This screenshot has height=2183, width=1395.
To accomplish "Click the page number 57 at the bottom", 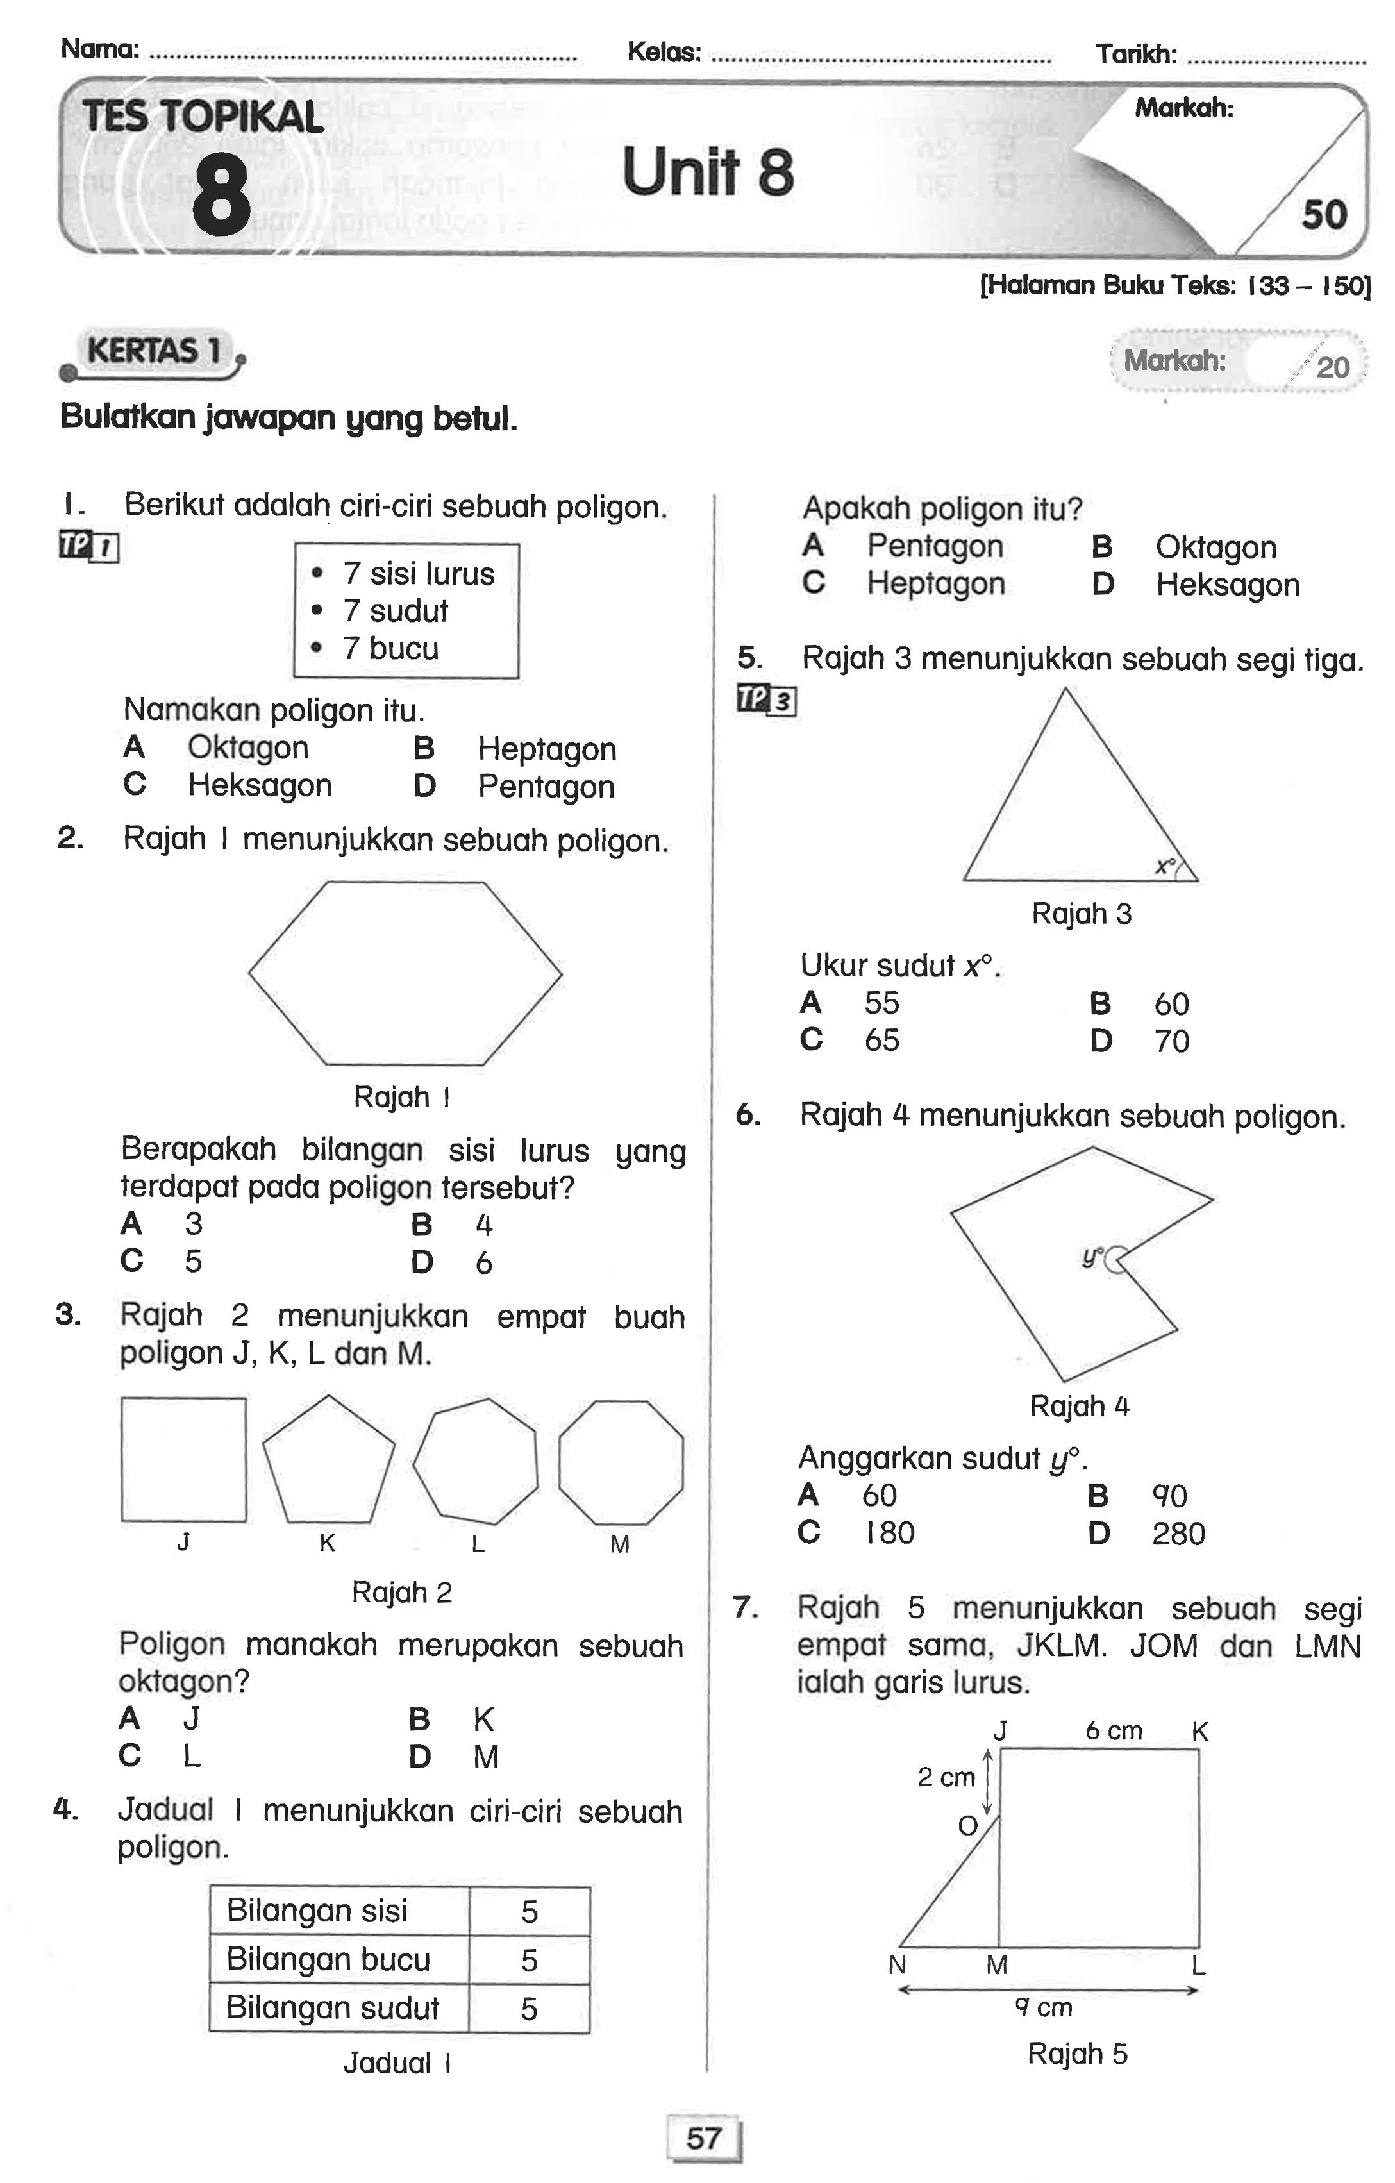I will [x=703, y=2139].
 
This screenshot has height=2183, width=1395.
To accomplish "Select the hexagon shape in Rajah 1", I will [x=405, y=973].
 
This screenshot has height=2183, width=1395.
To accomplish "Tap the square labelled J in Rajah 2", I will [x=183, y=1460].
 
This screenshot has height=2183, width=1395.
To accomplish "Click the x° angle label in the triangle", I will [x=1165, y=866].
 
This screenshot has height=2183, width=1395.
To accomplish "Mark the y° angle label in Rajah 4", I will [x=1093, y=1257].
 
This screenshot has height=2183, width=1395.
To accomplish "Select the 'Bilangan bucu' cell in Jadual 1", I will [x=329, y=1960].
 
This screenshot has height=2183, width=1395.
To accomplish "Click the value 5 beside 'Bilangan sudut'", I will [x=530, y=2009].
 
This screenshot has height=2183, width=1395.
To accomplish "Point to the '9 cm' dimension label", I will [x=1042, y=2007].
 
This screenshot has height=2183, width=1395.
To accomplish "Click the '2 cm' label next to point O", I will [x=946, y=1777].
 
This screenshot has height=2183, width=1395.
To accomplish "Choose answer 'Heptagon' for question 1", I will [x=547, y=749].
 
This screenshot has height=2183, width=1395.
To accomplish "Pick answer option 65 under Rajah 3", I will [x=881, y=1040].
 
